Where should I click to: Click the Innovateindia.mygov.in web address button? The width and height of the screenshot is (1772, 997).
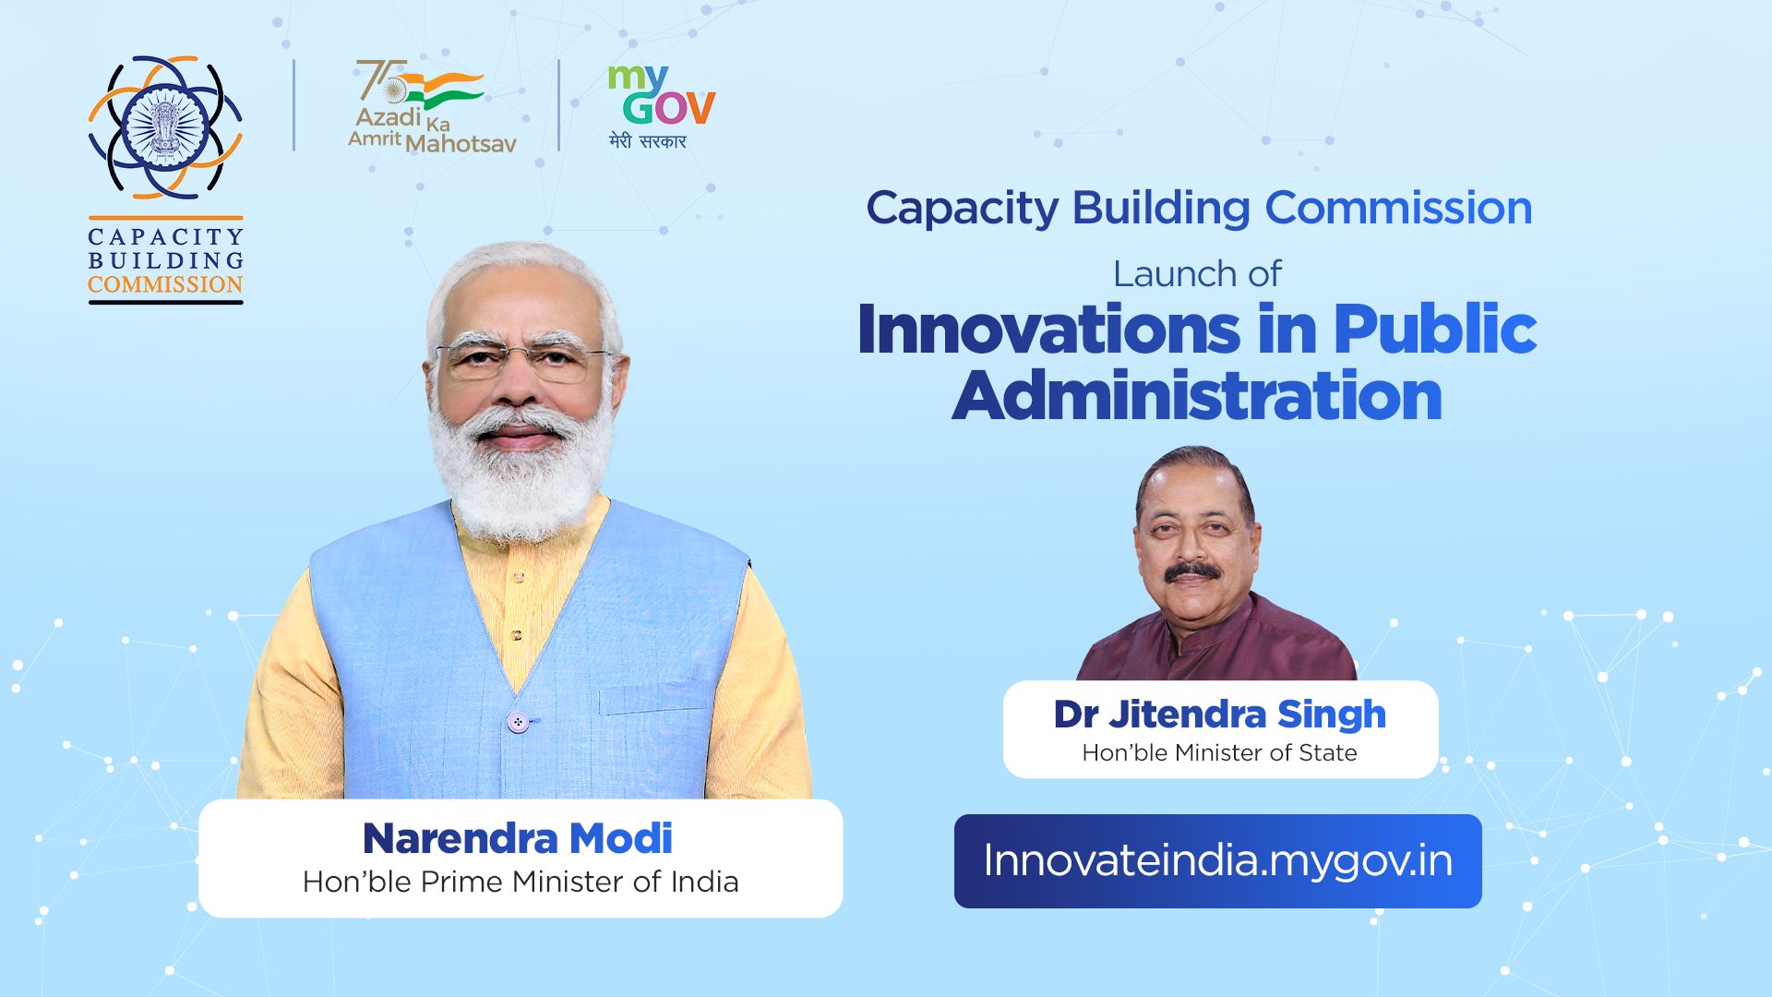(1217, 860)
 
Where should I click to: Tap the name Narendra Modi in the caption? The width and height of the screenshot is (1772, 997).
(518, 838)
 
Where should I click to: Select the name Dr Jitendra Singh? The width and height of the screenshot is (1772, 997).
(1219, 714)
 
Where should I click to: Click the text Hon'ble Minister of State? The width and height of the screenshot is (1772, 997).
(1219, 753)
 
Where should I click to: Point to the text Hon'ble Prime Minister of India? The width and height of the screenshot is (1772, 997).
(521, 882)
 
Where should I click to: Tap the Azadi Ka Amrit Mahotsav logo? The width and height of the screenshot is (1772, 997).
(431, 108)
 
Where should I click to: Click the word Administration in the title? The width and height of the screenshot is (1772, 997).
(1196, 397)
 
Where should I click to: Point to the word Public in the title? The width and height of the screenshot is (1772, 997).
(1434, 330)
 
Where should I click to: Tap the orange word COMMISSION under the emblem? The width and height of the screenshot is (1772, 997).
(165, 284)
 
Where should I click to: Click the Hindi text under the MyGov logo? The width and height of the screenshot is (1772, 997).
(648, 141)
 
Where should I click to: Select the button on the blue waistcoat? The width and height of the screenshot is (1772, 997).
(519, 722)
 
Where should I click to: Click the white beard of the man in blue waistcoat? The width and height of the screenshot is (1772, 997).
(521, 480)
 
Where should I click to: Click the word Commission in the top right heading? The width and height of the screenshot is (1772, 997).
(1397, 208)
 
